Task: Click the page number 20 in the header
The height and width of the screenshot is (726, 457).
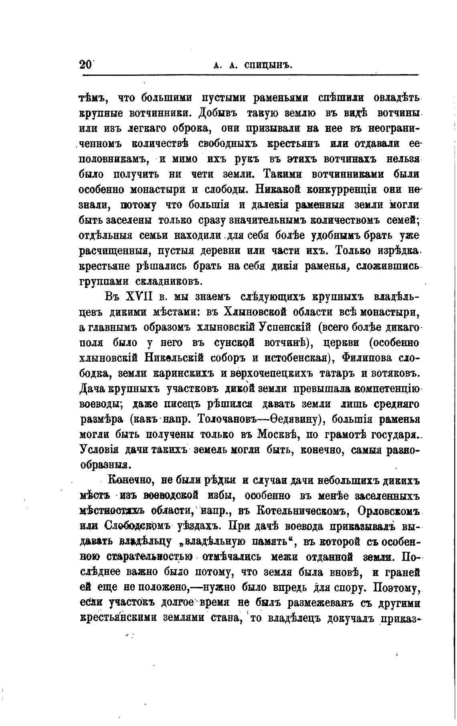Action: tap(85, 65)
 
